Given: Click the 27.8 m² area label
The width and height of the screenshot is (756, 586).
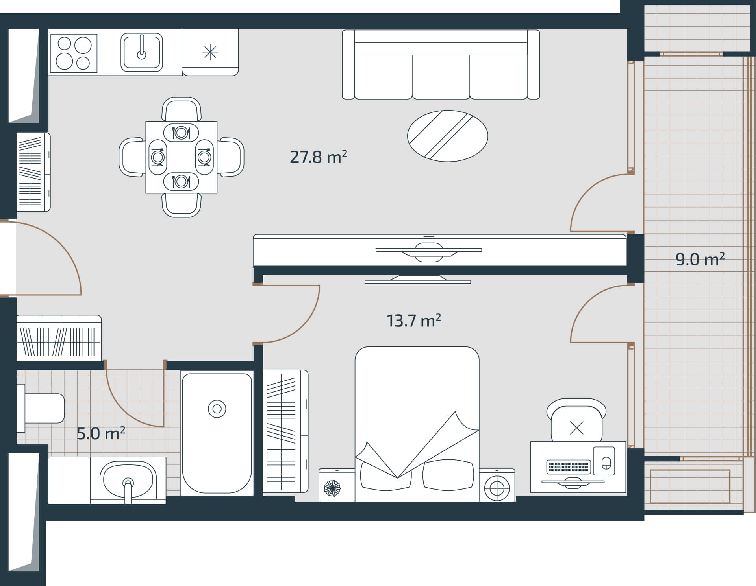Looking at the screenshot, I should click(318, 157).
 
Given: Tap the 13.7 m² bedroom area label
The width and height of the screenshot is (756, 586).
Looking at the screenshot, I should click(413, 321).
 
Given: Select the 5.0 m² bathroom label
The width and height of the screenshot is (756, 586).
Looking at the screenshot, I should click(101, 433).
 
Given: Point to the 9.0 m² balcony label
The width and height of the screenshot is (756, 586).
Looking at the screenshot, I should click(700, 260).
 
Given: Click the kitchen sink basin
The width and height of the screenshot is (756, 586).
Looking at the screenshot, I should click(141, 52).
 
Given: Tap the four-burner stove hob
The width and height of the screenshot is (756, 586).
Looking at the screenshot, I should click(73, 53).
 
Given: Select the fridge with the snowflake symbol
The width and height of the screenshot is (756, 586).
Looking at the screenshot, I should click(210, 52).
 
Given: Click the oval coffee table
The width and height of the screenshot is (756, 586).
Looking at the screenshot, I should click(447, 136).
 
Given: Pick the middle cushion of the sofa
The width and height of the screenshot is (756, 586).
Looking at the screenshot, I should click(441, 77).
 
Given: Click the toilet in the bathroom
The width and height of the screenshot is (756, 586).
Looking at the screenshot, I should click(43, 408).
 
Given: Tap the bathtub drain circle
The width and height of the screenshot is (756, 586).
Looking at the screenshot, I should click(217, 409).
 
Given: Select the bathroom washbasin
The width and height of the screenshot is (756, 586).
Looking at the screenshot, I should click(128, 480).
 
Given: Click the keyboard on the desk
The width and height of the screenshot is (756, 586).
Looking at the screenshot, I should click(569, 467).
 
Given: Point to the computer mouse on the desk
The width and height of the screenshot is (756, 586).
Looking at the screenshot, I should click(606, 463).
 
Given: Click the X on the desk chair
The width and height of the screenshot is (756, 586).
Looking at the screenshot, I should click(576, 428).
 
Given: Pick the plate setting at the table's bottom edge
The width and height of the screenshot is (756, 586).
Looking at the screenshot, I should click(181, 181).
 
